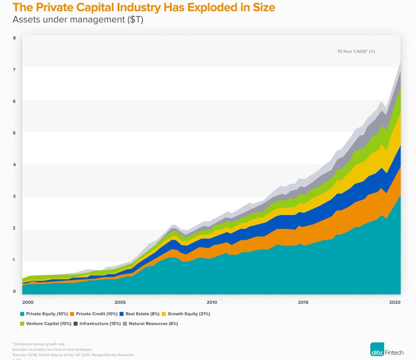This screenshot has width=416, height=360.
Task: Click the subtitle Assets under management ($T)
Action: pos(78,20)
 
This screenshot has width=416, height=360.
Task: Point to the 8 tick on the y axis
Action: pos(14,38)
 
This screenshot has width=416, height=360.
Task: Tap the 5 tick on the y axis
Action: pos(14,133)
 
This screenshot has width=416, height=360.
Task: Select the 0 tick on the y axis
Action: pos(14,291)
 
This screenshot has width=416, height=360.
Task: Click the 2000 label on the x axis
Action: pos(28,302)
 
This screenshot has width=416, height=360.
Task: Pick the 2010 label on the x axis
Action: pos(211,302)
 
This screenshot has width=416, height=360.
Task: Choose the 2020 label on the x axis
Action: pos(395,302)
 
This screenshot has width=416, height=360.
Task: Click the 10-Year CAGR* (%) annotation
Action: pos(356,52)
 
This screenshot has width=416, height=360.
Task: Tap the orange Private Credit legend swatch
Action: pos(72,314)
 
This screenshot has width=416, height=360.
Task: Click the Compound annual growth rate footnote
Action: pos(39,344)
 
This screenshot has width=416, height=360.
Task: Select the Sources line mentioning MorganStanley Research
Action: pos(73,355)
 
